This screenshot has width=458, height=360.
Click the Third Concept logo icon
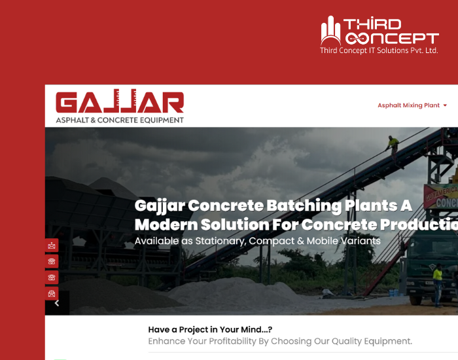tap(332, 31)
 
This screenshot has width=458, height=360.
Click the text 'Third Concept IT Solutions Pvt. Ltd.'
tap(379, 50)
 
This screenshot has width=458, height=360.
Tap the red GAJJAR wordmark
tap(120, 103)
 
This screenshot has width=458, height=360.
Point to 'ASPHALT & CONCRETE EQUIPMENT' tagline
tap(120, 120)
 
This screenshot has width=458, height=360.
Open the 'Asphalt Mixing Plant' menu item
tap(408, 105)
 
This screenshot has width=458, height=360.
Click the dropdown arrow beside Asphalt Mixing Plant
tap(445, 105)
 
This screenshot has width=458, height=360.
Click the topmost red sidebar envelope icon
tap(52, 245)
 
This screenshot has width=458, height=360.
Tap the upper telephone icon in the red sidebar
tap(52, 261)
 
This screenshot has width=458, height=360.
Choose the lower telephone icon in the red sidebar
tap(52, 277)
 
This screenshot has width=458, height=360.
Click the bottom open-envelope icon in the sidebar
tap(52, 293)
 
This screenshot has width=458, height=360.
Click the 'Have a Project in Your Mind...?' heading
tap(210, 329)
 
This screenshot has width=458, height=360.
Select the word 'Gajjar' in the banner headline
tap(159, 206)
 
